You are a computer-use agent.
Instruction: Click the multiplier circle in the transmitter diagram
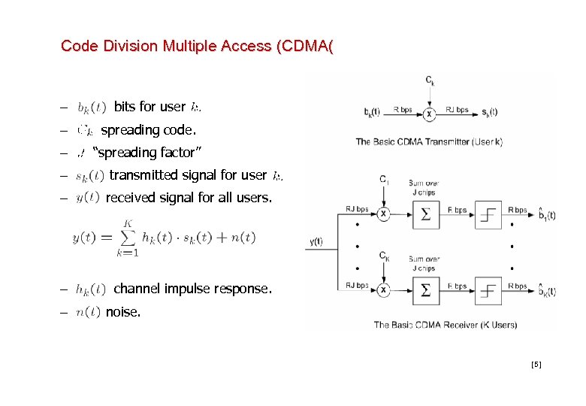(x=429, y=114)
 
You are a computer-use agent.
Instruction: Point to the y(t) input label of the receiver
(x=316, y=241)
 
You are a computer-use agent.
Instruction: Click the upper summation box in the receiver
(x=426, y=215)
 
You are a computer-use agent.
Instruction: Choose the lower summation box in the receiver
(x=426, y=290)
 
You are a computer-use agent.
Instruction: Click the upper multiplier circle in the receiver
(x=383, y=214)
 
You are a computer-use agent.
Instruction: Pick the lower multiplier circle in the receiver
(x=383, y=290)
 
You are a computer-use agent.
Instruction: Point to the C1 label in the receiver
(x=383, y=181)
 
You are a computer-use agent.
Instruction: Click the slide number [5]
(x=536, y=365)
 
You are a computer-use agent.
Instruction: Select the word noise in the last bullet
(x=123, y=312)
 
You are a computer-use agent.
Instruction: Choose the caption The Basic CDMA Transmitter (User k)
(x=429, y=141)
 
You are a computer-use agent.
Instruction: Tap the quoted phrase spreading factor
(x=146, y=153)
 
